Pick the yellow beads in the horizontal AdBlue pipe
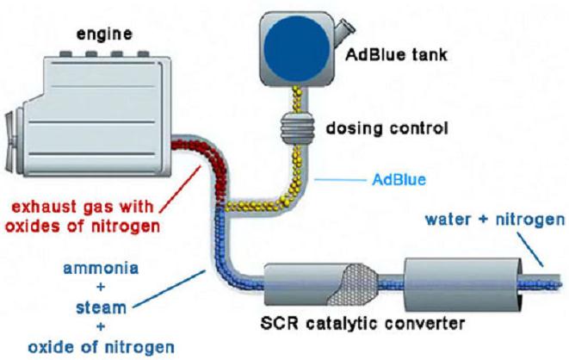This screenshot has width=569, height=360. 254,203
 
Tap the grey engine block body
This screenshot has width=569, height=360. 103,103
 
